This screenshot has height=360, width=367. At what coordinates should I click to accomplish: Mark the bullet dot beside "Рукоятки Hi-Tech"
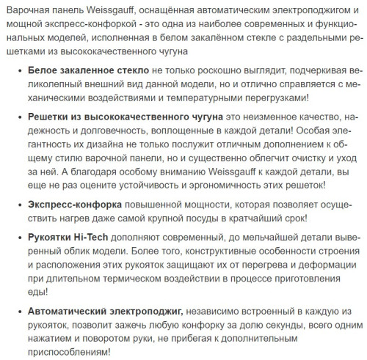click(x=18, y=240)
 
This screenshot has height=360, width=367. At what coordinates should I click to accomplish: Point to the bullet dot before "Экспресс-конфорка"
click(x=18, y=205)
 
